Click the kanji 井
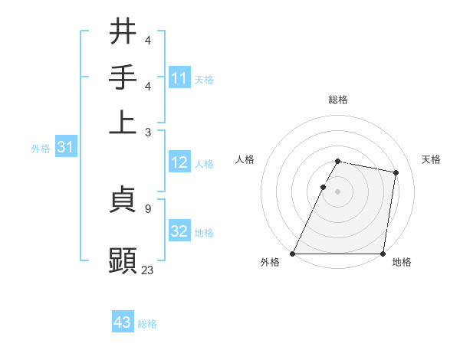123,31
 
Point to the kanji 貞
123,201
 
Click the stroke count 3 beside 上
147,132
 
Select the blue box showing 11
179,77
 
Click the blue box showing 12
179,162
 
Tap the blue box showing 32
179,231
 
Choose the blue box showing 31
65,148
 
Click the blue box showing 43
123,322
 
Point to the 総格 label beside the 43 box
148,324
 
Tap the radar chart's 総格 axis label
338,100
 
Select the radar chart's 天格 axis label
432,159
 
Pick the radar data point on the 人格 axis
323,187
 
